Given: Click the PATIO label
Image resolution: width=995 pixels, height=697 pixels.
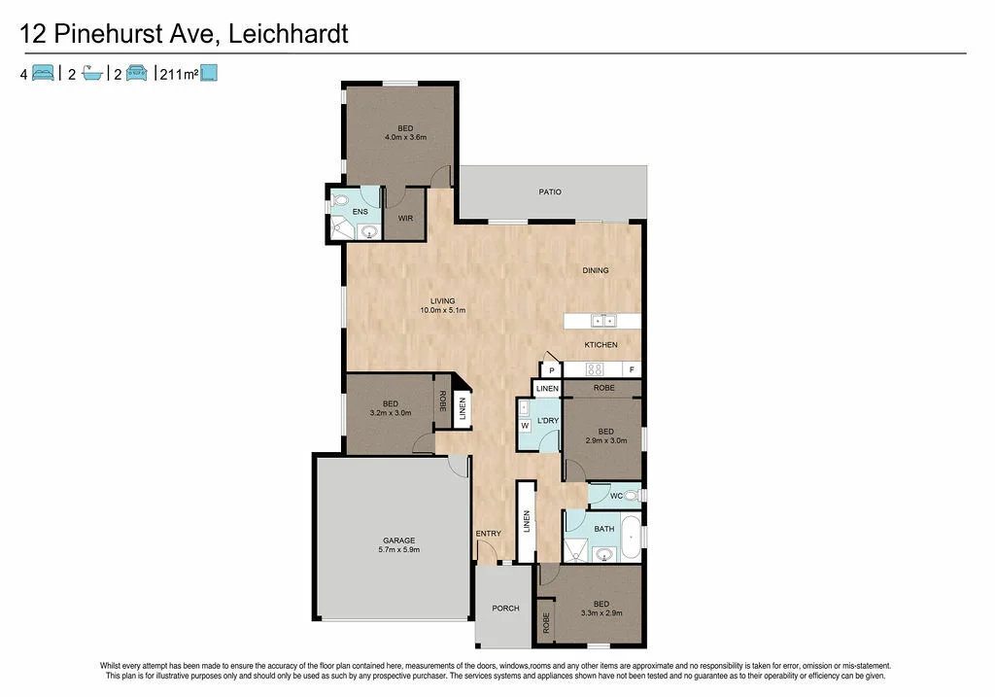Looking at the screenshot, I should (x=550, y=192).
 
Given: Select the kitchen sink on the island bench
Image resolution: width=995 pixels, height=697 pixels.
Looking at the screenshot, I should (x=602, y=320).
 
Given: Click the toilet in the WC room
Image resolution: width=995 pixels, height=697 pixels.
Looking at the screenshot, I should (x=631, y=496).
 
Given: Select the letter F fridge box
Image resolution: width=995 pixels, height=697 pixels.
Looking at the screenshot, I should (x=632, y=369).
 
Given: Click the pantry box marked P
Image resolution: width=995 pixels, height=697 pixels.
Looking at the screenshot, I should (x=551, y=370).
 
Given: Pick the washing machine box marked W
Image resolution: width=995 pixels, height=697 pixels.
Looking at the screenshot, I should (x=524, y=426).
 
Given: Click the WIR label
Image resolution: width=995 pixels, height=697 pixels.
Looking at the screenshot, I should (x=405, y=218).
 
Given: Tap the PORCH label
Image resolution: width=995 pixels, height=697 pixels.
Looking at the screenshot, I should (x=505, y=609).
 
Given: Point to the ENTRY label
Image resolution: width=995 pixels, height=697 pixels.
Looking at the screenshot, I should (x=488, y=533).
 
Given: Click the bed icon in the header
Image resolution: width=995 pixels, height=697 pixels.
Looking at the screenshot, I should (x=43, y=72).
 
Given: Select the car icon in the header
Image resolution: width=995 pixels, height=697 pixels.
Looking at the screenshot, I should (x=137, y=72).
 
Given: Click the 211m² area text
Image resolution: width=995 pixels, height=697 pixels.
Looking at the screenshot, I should (x=179, y=72).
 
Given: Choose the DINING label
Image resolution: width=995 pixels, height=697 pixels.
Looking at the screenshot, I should (x=596, y=270).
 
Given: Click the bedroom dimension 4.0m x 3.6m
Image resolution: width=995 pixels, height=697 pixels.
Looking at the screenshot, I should (x=405, y=137).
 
